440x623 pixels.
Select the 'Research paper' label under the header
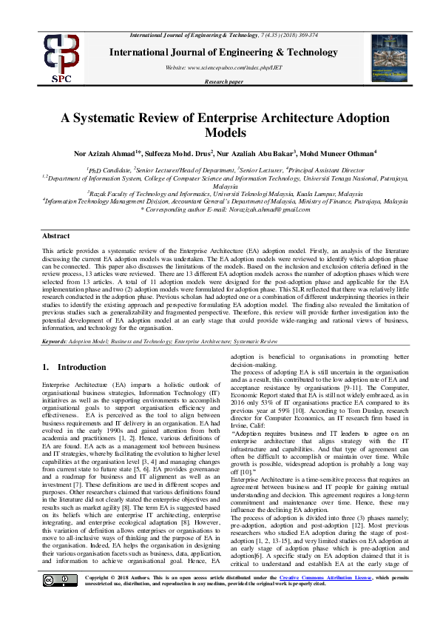coord(223,82)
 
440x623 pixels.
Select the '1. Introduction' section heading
coord(74,367)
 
